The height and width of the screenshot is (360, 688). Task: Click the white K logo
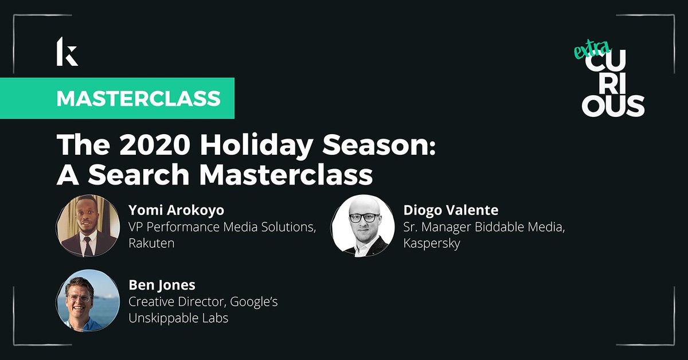click(67, 51)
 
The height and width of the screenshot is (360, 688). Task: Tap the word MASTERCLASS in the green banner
click(139, 98)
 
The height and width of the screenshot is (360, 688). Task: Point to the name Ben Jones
click(161, 285)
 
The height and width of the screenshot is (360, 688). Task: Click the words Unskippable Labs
click(178, 318)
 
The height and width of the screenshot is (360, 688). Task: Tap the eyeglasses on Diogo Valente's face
click(364, 217)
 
